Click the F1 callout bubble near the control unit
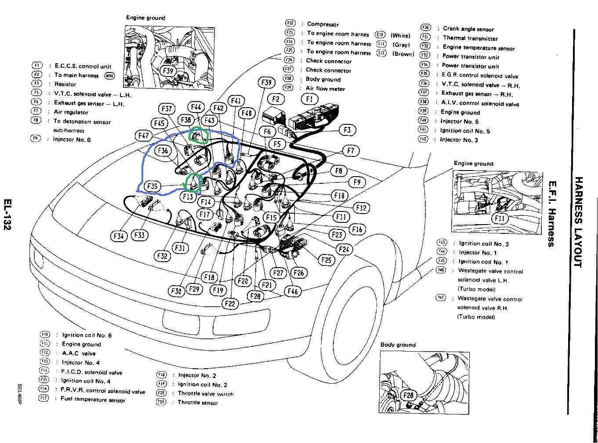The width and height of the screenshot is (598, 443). (310, 99)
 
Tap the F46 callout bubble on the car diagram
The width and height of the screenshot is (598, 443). (292, 290)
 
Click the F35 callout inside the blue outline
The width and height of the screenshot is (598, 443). (153, 186)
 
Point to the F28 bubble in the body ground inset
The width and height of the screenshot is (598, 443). (409, 396)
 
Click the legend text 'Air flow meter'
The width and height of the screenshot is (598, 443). (325, 89)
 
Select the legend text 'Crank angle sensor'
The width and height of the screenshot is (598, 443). (468, 29)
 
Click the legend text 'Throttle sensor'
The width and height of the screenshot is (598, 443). (198, 403)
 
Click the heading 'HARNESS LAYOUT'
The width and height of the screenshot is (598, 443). (579, 222)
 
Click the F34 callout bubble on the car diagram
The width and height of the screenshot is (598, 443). (119, 236)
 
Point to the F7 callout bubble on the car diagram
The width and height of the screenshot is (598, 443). (350, 151)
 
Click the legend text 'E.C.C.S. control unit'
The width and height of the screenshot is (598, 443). (83, 66)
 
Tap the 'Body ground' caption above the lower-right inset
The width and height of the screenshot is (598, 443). (398, 345)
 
